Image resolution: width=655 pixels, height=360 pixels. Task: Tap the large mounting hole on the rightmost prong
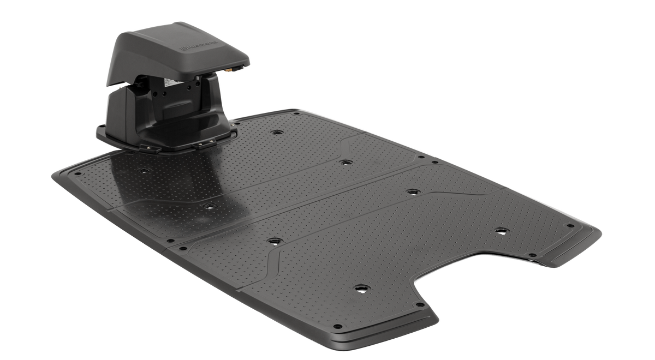tap(499, 230)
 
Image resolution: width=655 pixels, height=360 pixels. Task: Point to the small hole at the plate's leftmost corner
tap(56, 174)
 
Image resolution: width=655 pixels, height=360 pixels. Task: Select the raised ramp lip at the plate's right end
tap(573, 245)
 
